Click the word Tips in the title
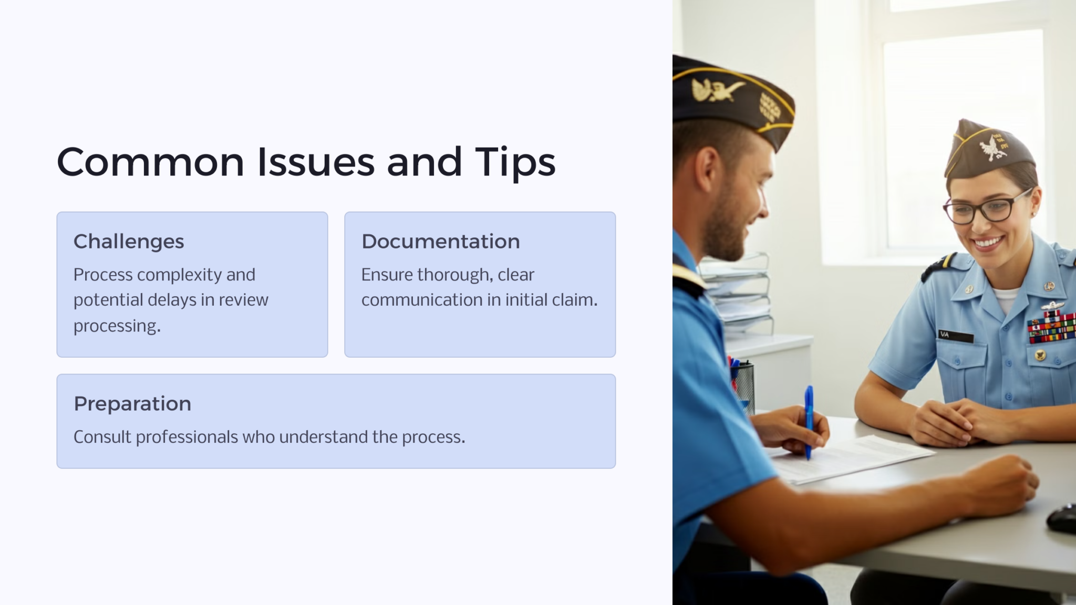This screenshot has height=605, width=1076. pyautogui.click(x=515, y=162)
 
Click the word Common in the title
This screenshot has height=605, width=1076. pyautogui.click(x=150, y=162)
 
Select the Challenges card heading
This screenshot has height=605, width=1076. pyautogui.click(x=129, y=242)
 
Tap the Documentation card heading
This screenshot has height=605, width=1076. pyautogui.click(x=440, y=242)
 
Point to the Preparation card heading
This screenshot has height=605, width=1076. pyautogui.click(x=132, y=404)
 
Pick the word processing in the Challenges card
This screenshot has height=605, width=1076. pyautogui.click(x=117, y=326)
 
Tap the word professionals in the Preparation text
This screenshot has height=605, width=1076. pyautogui.click(x=187, y=437)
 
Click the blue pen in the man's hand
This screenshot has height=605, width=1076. pyautogui.click(x=809, y=420)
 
